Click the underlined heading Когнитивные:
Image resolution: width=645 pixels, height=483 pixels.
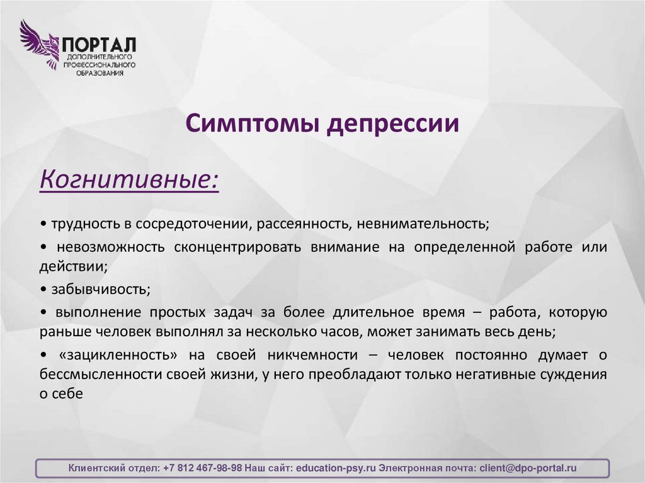coord(130,179)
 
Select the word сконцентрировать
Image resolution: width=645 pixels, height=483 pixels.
coord(237,246)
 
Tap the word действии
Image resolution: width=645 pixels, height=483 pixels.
coord(72,266)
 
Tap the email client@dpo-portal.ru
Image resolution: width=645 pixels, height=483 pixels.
coord(527,469)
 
